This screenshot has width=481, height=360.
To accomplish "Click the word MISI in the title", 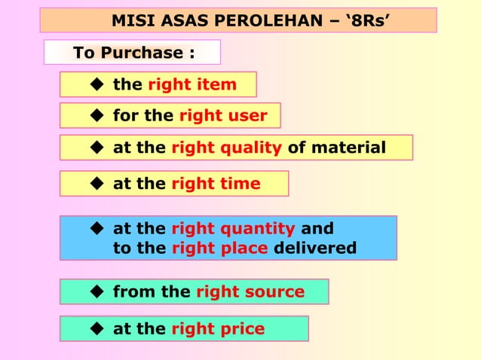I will (x=130, y=20).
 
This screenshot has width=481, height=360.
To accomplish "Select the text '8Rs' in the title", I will (x=369, y=20).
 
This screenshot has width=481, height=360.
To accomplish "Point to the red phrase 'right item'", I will (x=192, y=84).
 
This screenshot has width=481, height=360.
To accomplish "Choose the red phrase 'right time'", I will (x=216, y=183).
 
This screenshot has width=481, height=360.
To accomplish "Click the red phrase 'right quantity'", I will (x=233, y=228).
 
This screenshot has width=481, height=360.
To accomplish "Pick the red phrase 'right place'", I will (x=219, y=248).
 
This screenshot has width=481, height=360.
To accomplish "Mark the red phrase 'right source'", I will (x=250, y=291).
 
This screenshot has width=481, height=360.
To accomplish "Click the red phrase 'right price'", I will (x=218, y=328).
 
